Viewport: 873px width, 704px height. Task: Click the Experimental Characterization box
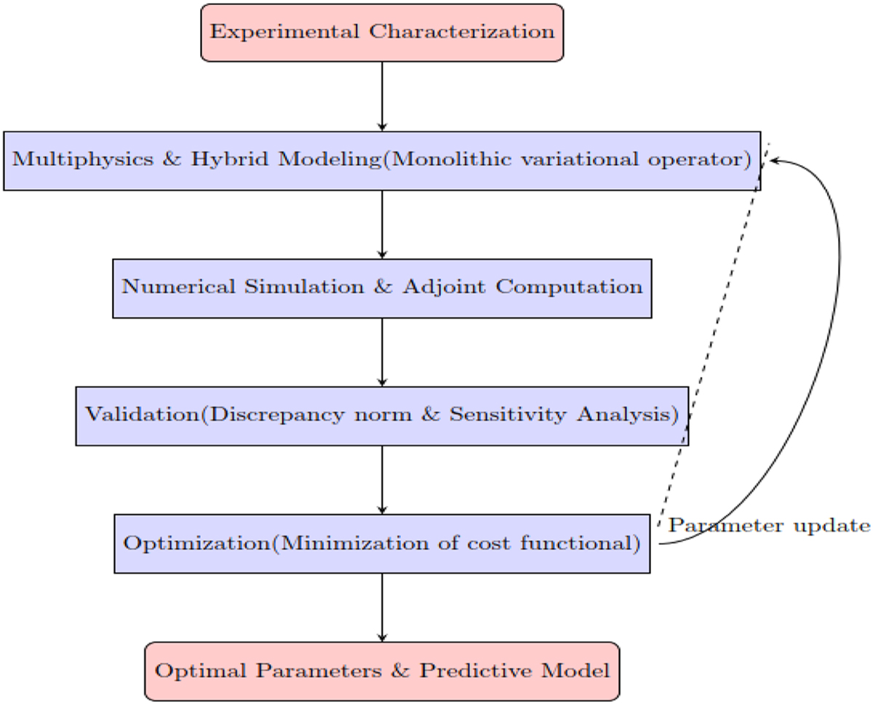[382, 33]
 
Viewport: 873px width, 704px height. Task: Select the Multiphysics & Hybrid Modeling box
[382, 161]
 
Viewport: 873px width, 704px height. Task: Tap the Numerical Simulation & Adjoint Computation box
[382, 288]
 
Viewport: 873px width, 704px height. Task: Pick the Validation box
[382, 415]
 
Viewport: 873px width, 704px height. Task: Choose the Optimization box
[382, 543]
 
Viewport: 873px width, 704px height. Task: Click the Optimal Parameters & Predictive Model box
[382, 671]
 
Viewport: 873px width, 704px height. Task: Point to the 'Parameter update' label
[769, 526]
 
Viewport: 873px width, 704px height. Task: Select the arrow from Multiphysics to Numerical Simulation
[382, 224]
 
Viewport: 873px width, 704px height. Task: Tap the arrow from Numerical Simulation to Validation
[382, 352]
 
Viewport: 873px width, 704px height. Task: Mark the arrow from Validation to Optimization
[382, 479]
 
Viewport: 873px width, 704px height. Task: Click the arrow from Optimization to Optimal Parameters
[382, 607]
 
